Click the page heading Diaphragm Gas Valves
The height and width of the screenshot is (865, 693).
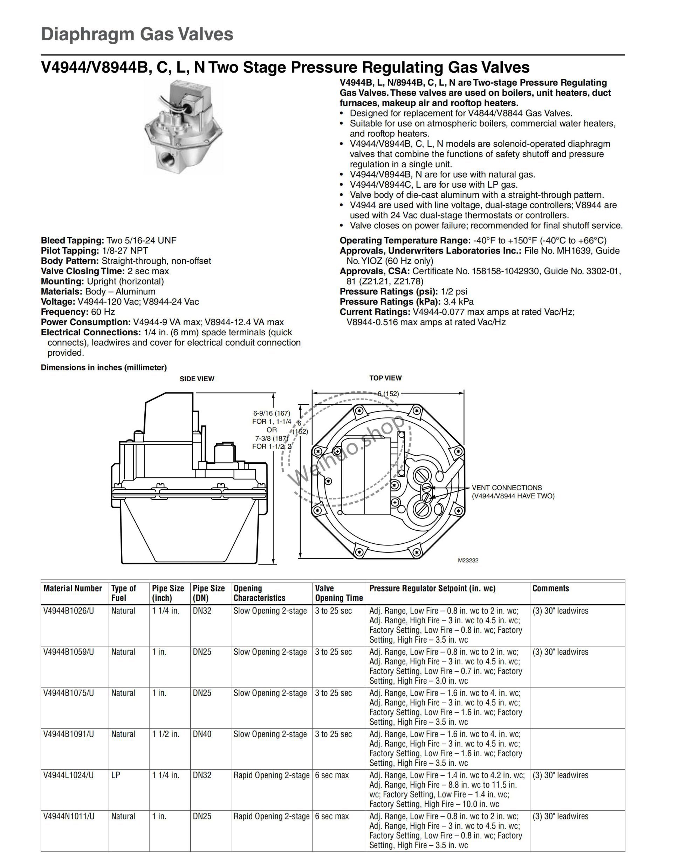click(137, 34)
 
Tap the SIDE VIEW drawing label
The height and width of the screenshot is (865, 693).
click(197, 379)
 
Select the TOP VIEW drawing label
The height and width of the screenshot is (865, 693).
click(385, 378)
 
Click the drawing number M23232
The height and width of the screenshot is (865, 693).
click(468, 561)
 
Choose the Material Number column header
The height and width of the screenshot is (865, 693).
click(73, 589)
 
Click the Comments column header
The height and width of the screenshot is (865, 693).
click(550, 589)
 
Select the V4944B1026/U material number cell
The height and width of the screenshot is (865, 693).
click(69, 611)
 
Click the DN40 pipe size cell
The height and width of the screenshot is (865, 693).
click(202, 734)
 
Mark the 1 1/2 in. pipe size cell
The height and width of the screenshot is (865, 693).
click(165, 734)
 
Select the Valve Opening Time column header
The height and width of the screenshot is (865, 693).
click(339, 593)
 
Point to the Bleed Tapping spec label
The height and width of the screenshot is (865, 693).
click(73, 241)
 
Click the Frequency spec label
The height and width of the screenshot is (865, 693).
click(64, 312)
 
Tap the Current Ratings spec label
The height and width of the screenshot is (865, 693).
click(375, 312)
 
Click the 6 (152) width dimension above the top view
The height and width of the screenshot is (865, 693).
click(388, 394)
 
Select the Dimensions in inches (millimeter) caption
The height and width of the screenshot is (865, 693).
click(104, 368)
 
